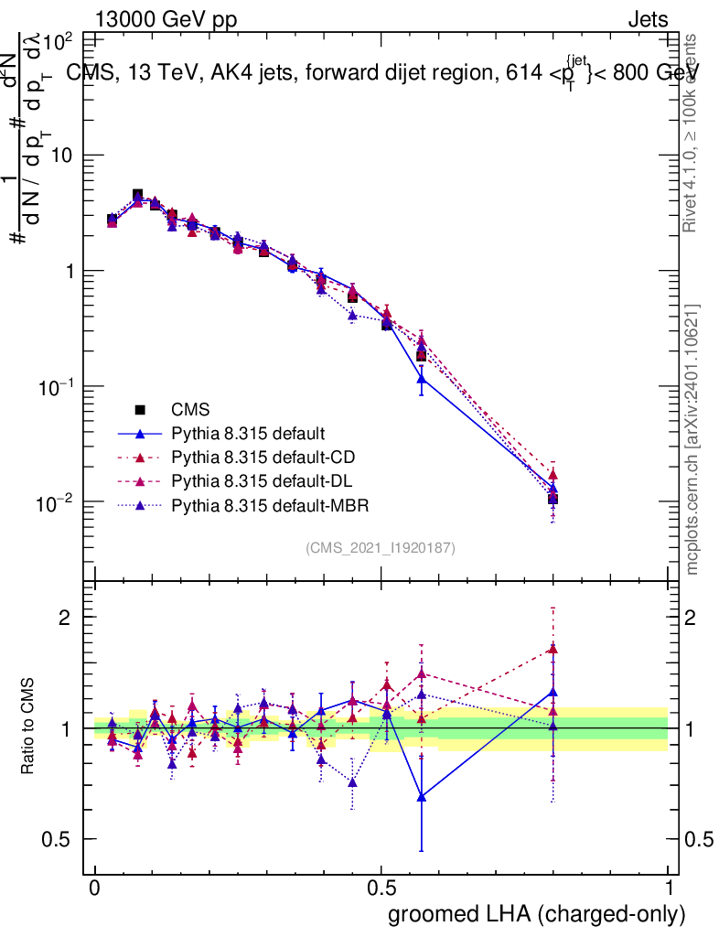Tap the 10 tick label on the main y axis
click(61, 156)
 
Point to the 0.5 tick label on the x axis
click(381, 889)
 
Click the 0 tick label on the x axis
click(95, 889)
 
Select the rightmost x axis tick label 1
click(668, 889)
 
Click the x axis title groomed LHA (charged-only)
click(537, 913)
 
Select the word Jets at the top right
click(648, 19)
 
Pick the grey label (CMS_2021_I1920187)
click(381, 548)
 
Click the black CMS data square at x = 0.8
click(553, 499)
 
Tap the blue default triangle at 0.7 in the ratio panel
click(421, 797)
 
